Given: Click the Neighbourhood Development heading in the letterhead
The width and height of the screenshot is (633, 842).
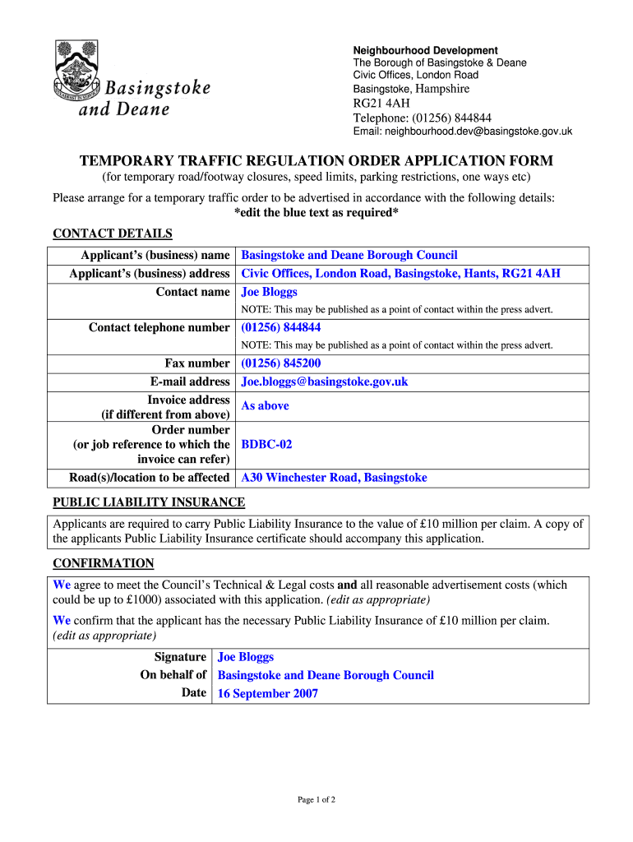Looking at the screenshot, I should [x=425, y=50].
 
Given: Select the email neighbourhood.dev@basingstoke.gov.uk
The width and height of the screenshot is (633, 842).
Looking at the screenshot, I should [x=462, y=132].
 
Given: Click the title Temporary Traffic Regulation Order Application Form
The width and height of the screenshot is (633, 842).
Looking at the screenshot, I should [x=316, y=160].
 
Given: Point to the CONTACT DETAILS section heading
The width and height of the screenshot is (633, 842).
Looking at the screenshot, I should [x=113, y=234].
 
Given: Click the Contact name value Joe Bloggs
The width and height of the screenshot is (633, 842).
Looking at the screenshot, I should [x=269, y=292].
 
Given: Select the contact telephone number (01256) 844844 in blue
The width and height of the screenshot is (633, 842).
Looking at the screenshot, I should [x=280, y=327].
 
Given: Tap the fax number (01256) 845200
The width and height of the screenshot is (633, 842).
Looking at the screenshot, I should [x=280, y=363].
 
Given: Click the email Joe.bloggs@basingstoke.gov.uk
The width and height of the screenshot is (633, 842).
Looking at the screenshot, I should [x=324, y=382].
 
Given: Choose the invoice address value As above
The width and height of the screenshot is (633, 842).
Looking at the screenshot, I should [x=265, y=405].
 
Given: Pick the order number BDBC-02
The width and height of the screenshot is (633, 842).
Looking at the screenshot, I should [x=266, y=444].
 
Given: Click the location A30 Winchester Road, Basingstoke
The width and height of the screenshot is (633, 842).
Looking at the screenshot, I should [x=334, y=478].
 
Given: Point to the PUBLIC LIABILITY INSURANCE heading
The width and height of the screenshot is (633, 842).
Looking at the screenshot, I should [x=149, y=502].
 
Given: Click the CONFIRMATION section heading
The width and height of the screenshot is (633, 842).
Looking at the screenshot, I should [x=104, y=563].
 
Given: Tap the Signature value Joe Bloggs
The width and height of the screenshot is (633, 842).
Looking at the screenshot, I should [x=245, y=657].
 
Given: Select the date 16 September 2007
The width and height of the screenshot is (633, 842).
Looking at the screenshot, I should [x=267, y=693].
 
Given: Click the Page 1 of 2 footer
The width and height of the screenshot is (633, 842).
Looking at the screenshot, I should [x=316, y=799].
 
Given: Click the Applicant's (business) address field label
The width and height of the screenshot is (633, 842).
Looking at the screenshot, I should [x=149, y=274].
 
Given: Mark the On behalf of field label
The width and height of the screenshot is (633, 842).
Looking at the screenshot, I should [x=173, y=675].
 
